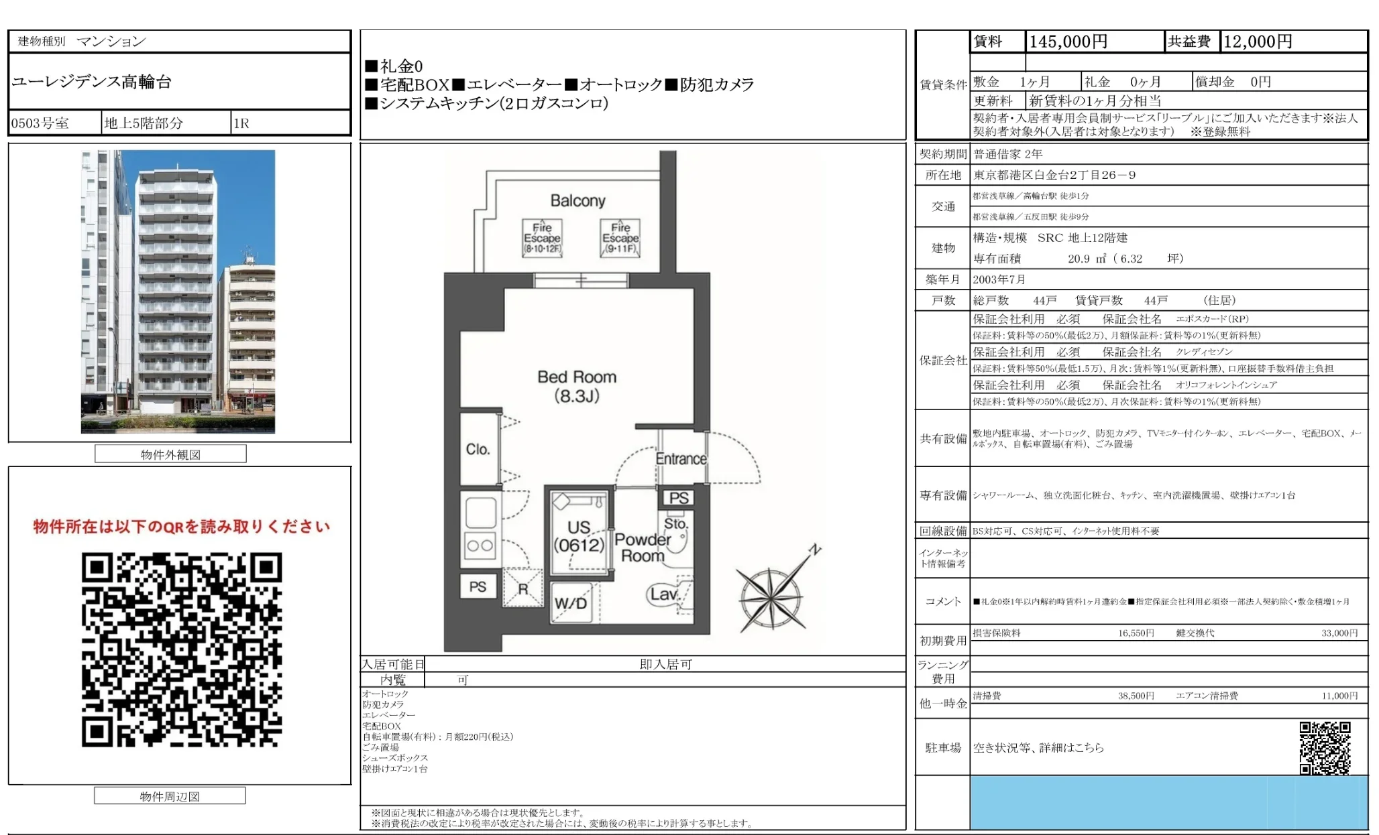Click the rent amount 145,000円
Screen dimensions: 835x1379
click(1068, 42)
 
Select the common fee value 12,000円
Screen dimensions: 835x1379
click(1258, 42)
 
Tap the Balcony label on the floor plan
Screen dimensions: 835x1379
click(577, 200)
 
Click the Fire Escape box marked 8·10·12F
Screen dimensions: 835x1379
click(542, 238)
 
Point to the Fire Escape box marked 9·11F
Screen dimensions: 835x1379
click(620, 238)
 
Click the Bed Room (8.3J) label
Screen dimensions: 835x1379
click(577, 386)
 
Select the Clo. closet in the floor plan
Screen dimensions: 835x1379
click(478, 449)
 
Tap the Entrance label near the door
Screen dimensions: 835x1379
click(681, 459)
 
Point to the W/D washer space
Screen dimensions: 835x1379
click(571, 602)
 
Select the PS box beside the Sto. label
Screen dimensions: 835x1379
click(678, 498)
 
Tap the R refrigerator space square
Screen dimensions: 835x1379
click(522, 588)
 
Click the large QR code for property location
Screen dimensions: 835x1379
click(182, 649)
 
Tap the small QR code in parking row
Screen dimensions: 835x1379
click(1325, 747)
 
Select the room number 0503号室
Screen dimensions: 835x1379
click(40, 123)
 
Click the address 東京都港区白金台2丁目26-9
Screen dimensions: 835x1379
click(1054, 175)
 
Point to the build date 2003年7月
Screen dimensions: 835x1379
click(999, 279)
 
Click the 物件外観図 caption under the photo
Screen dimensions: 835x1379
click(170, 454)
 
